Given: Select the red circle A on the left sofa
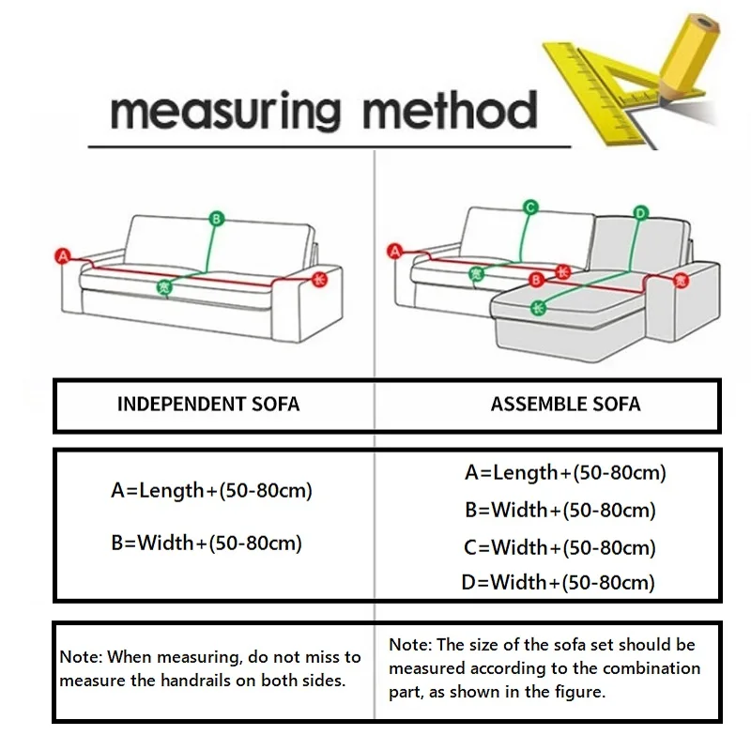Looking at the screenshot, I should pyautogui.click(x=65, y=254).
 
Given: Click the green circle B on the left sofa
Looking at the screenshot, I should pyautogui.click(x=216, y=219).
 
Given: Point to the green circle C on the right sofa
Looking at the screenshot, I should pyautogui.click(x=529, y=207).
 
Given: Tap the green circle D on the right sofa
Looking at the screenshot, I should pyautogui.click(x=641, y=212).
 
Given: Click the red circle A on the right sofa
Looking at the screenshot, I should pyautogui.click(x=394, y=251).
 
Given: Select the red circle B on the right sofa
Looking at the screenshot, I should pyautogui.click(x=537, y=278).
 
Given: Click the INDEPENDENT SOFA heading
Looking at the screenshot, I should pyautogui.click(x=208, y=405).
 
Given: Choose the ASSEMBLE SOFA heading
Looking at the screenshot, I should pyautogui.click(x=565, y=405).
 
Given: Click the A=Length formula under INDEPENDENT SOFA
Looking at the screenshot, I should pyautogui.click(x=211, y=490).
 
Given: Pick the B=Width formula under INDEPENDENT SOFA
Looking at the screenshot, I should pyautogui.click(x=207, y=543).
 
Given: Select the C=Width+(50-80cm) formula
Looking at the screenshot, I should pyautogui.click(x=559, y=546).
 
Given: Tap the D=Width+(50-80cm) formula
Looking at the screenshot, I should pyautogui.click(x=558, y=582).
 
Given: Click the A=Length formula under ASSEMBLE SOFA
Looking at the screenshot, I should pyautogui.click(x=565, y=473).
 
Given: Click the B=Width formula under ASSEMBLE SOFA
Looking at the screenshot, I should pyautogui.click(x=559, y=511).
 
